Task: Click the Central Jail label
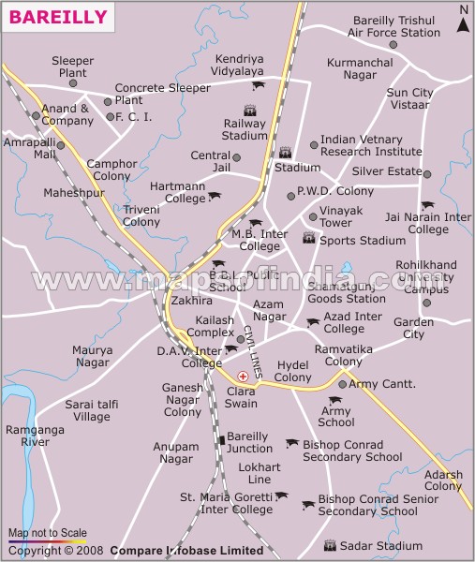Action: [210, 161]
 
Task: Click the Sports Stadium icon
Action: [308, 240]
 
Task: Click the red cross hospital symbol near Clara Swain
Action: [243, 376]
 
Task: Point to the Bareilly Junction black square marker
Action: [220, 438]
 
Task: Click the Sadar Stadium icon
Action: [329, 544]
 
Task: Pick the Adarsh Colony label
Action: [442, 481]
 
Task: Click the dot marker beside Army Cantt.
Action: [342, 384]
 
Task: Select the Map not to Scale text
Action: [47, 532]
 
